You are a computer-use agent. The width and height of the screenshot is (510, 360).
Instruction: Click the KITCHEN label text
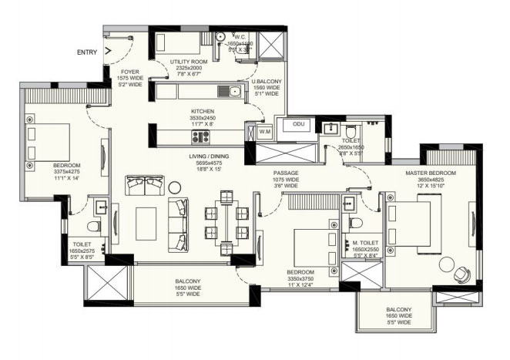(203, 111)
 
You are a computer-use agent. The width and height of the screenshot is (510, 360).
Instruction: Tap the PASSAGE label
(286, 173)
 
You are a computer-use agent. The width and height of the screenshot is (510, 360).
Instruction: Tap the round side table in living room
(174, 186)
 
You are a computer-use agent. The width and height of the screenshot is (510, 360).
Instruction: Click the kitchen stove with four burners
(200, 136)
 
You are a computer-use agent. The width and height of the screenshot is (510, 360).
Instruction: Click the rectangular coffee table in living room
(146, 223)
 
